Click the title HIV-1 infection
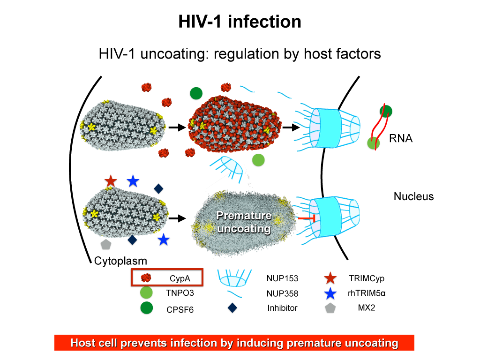point(240,22)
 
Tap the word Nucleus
point(413,196)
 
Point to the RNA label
point(401,138)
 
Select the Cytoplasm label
point(120,261)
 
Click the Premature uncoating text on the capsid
point(244,222)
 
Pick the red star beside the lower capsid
point(111,180)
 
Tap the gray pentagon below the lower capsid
point(106,244)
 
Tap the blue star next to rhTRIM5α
point(330,293)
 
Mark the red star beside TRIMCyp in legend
point(330,278)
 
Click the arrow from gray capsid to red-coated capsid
point(176,127)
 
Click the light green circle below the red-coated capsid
point(258,160)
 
